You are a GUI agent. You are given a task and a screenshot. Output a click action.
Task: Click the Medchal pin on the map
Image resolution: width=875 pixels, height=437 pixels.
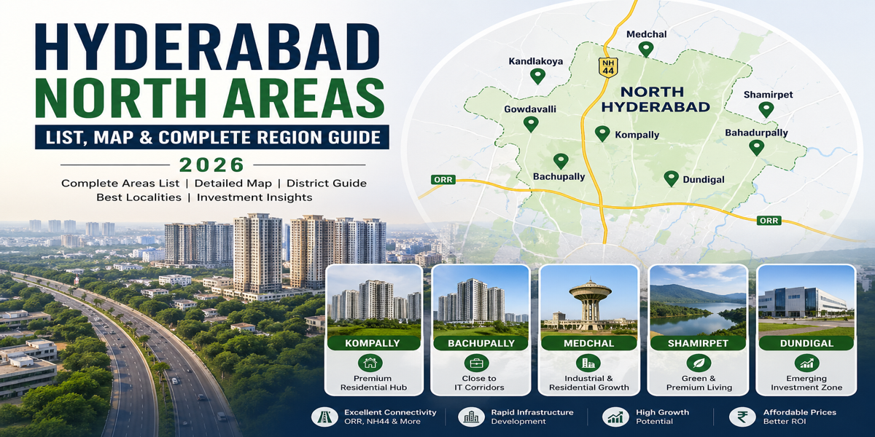645,49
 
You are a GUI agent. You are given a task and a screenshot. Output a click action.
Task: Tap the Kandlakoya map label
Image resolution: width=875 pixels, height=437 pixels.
535,61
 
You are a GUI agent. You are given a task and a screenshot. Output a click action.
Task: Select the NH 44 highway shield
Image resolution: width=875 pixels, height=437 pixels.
607,66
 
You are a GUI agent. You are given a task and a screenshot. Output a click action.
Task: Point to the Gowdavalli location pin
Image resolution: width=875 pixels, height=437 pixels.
531,124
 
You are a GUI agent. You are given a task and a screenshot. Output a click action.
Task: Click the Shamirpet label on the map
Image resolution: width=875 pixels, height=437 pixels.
768,95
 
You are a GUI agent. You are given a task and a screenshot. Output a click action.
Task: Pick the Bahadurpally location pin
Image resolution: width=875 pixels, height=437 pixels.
756,147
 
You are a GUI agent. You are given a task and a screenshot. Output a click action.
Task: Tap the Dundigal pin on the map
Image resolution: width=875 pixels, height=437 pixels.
671,178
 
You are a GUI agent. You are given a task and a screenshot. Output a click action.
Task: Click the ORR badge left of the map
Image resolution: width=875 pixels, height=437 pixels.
443,179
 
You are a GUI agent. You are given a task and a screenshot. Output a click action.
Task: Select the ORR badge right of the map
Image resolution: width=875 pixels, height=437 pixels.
769,220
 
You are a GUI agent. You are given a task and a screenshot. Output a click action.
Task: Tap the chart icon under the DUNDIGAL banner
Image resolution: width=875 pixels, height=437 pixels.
806,363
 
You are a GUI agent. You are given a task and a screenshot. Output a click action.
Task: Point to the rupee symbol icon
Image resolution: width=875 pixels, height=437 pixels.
742,417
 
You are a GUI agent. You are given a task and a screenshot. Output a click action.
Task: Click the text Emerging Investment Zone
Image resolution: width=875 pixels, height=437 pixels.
806,383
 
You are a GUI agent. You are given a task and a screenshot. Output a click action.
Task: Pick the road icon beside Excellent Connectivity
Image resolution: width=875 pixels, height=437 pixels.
323,417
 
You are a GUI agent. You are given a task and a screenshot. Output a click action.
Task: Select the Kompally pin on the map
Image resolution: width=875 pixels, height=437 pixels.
602,133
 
